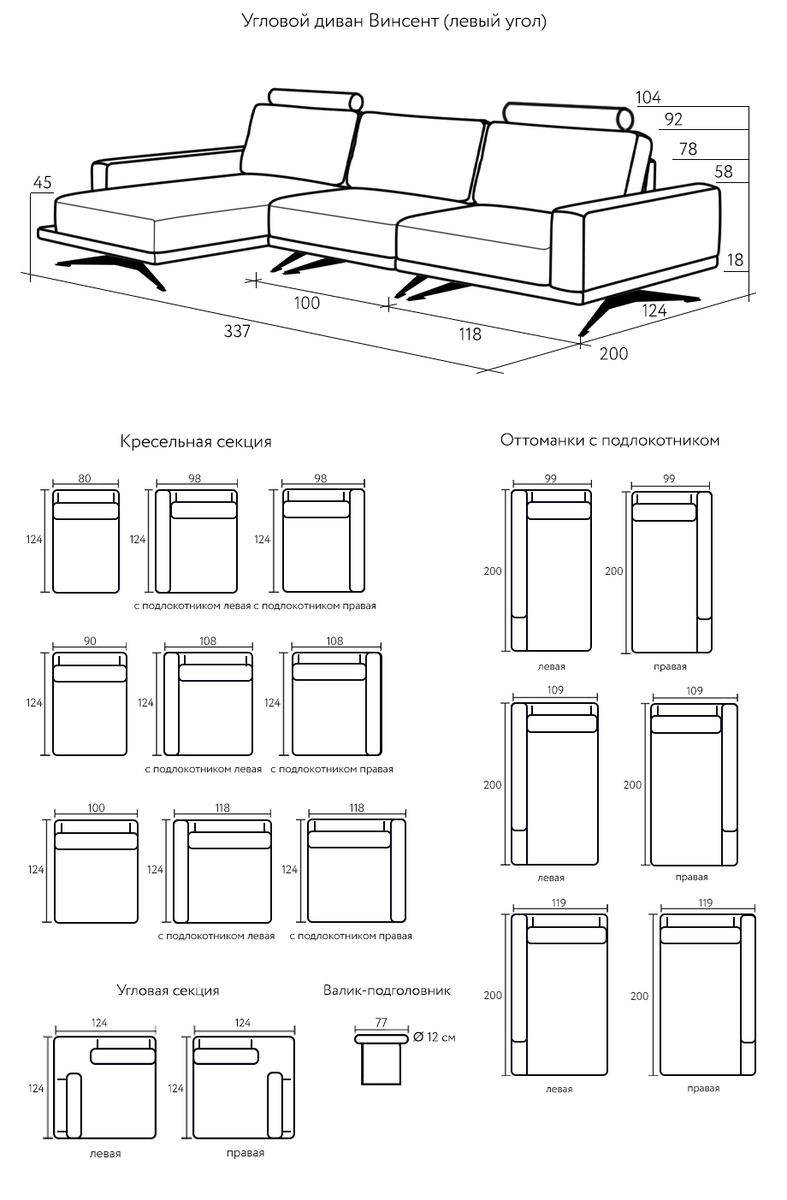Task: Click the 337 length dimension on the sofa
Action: tap(237, 331)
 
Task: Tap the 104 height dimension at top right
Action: tap(648, 98)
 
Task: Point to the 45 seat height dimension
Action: tap(42, 182)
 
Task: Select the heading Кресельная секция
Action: tap(196, 442)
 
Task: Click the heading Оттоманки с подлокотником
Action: tap(610, 440)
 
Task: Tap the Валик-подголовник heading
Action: tap(387, 990)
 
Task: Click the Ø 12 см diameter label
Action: tap(434, 1037)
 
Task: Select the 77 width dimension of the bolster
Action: tap(382, 1022)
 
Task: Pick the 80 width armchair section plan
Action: tap(86, 541)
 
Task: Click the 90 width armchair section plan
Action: tap(90, 704)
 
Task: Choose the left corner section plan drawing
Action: tap(105, 1088)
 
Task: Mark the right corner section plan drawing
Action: tap(245, 1088)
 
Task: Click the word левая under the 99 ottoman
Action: tap(552, 666)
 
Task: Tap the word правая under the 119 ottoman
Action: tap(703, 1089)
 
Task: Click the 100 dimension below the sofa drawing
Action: tap(306, 302)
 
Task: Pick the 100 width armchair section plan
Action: tap(96, 872)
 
